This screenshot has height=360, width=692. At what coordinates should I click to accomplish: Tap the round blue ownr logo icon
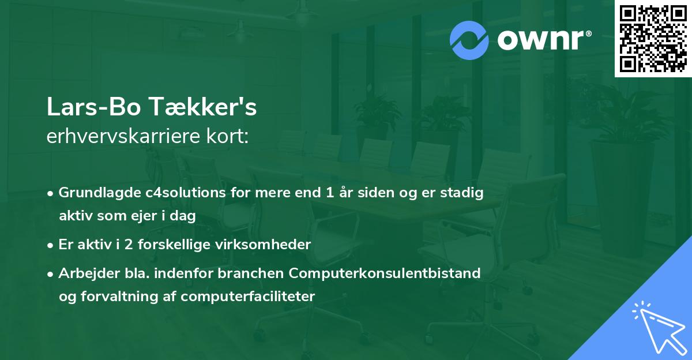click(x=469, y=40)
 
